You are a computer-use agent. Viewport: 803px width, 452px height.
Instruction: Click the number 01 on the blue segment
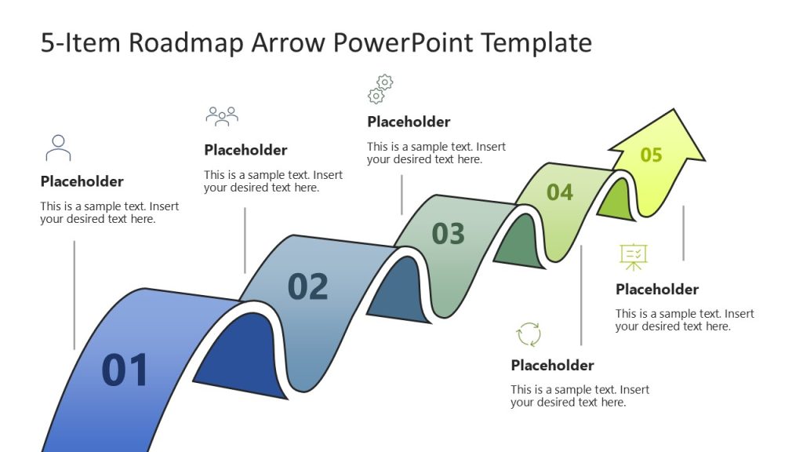click(x=125, y=370)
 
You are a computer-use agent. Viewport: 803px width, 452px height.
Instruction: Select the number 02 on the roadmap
click(x=307, y=287)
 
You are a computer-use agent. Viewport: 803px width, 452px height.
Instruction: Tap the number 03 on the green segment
click(x=449, y=234)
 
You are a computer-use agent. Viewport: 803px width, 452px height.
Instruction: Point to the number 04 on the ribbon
click(x=560, y=192)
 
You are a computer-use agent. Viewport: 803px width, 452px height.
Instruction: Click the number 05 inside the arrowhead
click(x=651, y=155)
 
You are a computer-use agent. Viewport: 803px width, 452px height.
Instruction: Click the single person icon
click(x=58, y=148)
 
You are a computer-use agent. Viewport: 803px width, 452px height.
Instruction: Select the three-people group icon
click(x=222, y=116)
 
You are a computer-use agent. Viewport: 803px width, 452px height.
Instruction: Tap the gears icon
click(x=380, y=89)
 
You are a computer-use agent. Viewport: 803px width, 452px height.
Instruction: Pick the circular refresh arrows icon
click(x=529, y=334)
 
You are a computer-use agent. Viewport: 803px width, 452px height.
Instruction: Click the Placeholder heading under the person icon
click(x=82, y=181)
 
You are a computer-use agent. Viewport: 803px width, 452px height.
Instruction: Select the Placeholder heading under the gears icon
click(x=409, y=122)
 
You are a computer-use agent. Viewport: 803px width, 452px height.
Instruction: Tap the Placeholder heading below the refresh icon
click(x=552, y=365)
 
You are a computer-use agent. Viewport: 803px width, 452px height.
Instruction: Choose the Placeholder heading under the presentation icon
click(x=656, y=290)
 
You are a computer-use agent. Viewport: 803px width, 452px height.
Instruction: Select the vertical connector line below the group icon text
click(x=245, y=239)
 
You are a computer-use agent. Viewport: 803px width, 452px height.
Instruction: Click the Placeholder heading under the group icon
click(x=245, y=150)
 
